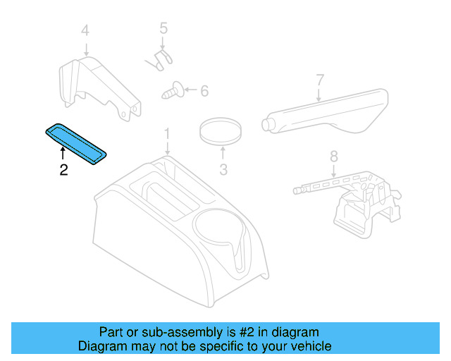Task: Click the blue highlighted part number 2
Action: [x=76, y=143]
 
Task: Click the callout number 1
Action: [x=167, y=133]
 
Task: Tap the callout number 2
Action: [x=63, y=170]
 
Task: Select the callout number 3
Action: [x=223, y=169]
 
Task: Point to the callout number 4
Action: [x=85, y=30]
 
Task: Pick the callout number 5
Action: [x=163, y=29]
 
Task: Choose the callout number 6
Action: [x=204, y=91]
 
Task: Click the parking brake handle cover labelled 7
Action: [x=326, y=113]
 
